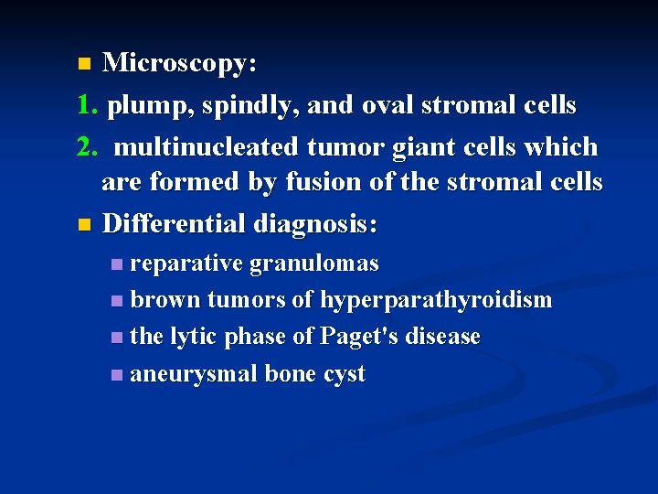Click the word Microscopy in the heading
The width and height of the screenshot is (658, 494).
click(x=178, y=64)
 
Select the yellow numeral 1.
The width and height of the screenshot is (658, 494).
click(x=87, y=106)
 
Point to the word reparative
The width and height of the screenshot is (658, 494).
click(x=186, y=264)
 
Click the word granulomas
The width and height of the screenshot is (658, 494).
click(x=313, y=264)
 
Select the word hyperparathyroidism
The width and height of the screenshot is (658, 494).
click(x=436, y=301)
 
